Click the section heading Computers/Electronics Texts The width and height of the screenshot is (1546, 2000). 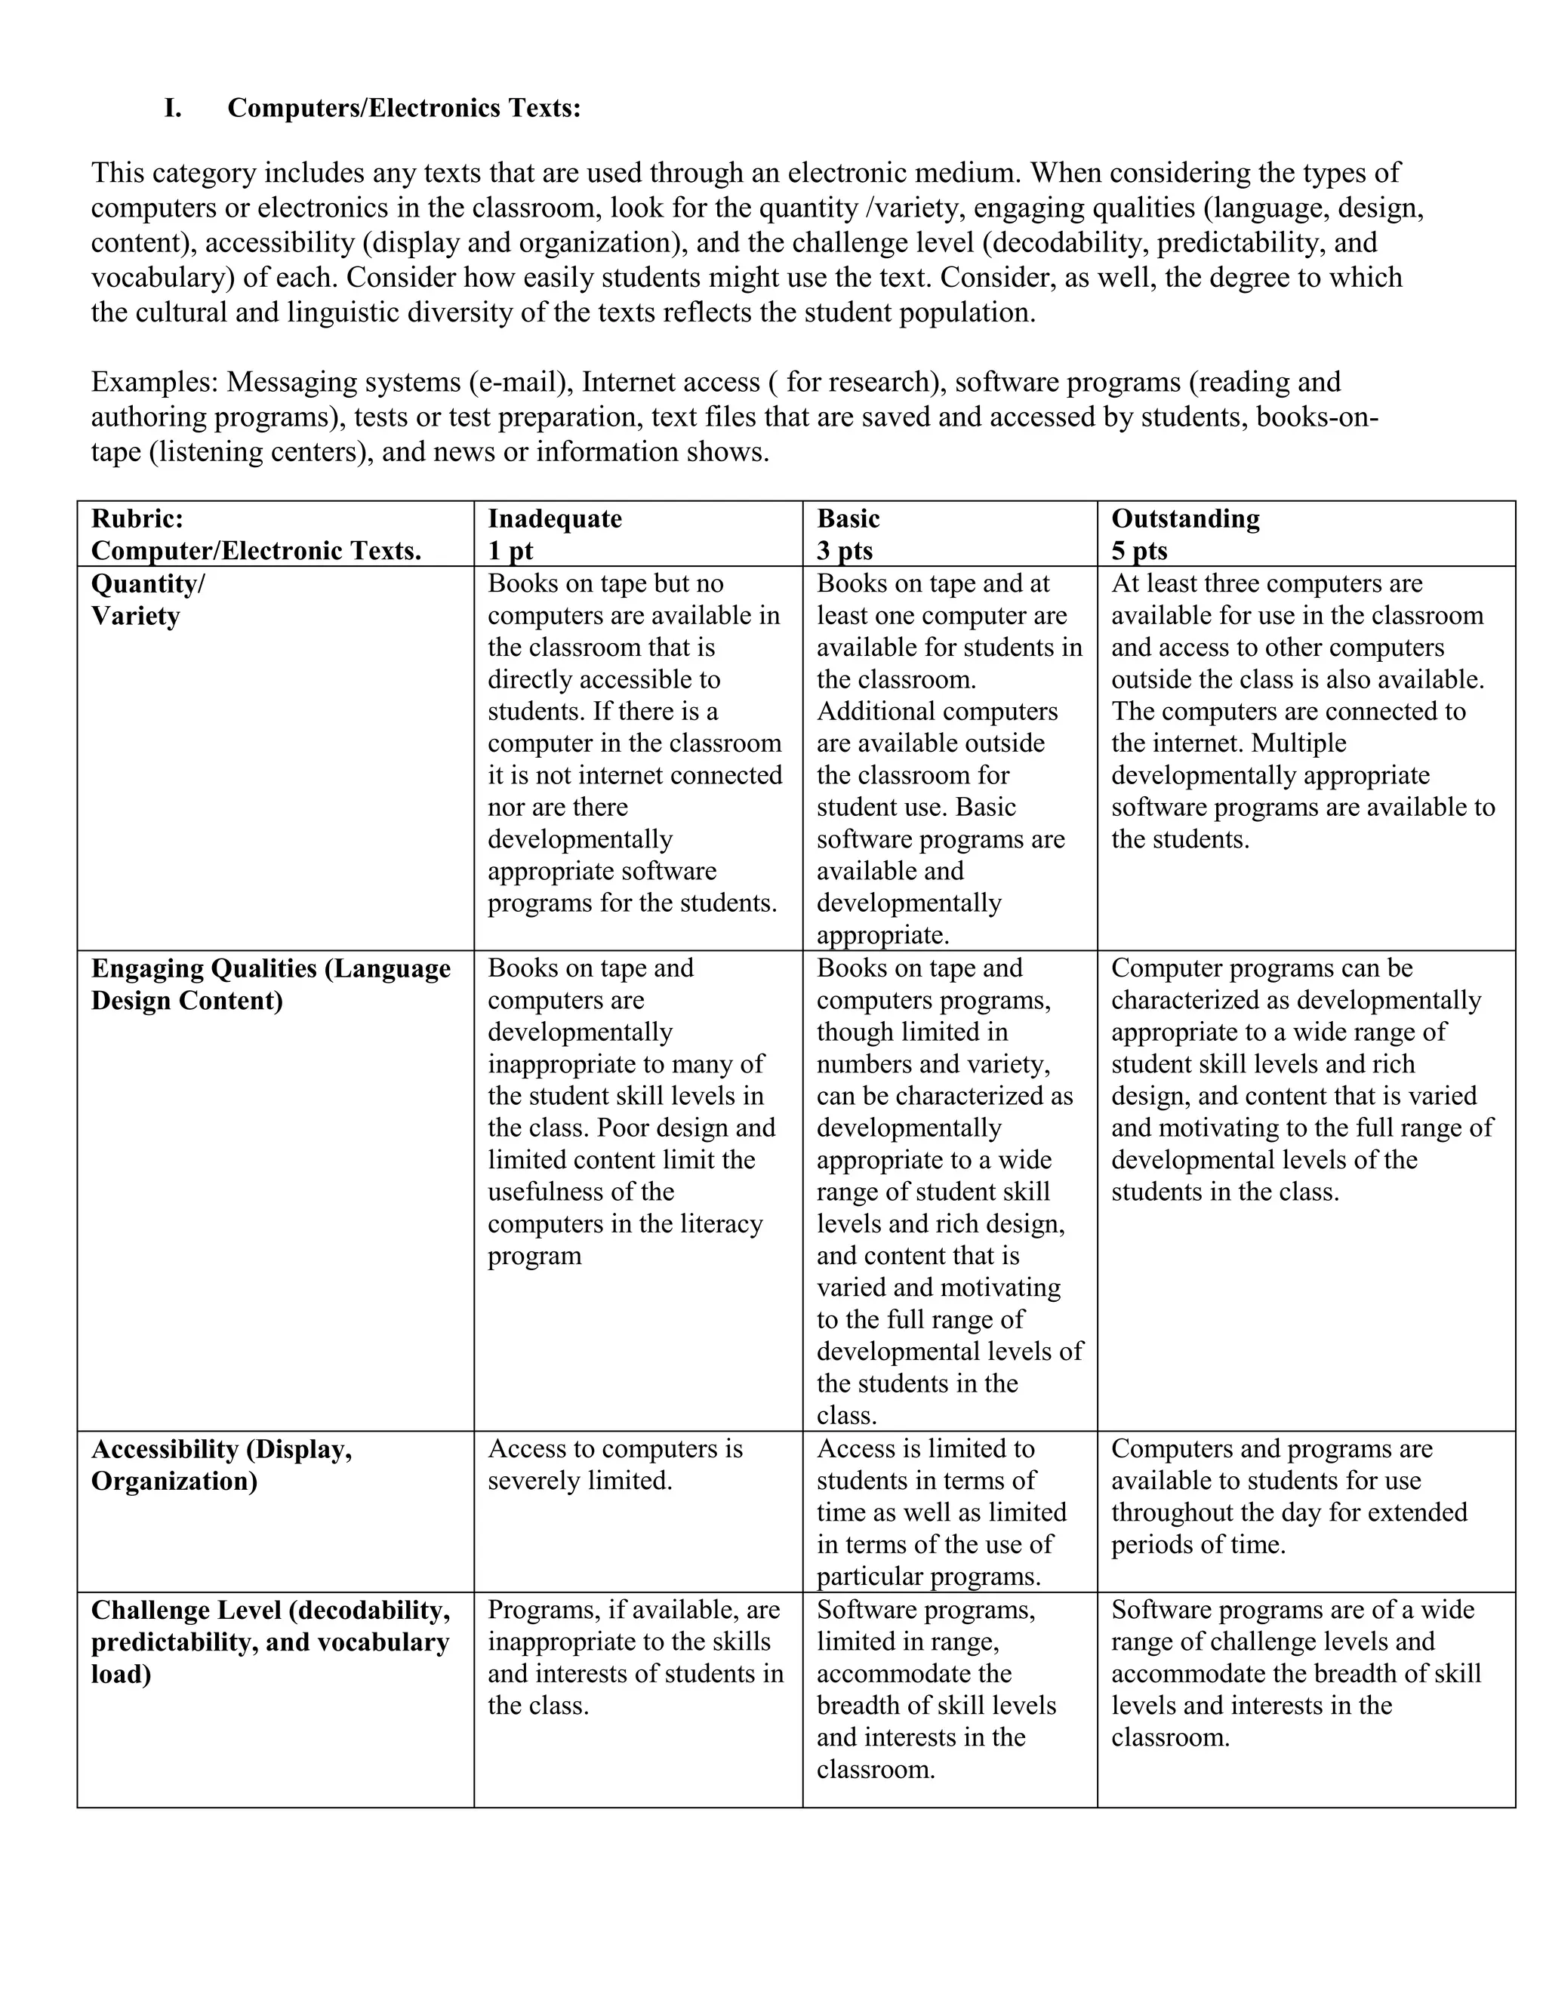click(x=404, y=108)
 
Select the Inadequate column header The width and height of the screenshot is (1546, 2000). click(x=554, y=518)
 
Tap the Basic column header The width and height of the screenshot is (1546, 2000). click(x=848, y=518)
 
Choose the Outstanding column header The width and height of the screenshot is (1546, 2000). click(x=1185, y=518)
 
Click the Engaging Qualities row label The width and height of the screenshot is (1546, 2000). click(x=271, y=983)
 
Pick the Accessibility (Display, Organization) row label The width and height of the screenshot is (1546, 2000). click(x=222, y=1464)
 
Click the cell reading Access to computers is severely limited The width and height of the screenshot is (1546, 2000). click(x=614, y=1464)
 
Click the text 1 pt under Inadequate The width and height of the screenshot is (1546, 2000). click(x=510, y=550)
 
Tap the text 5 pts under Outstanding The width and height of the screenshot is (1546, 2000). click(x=1139, y=550)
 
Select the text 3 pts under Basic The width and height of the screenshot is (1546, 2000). click(x=845, y=550)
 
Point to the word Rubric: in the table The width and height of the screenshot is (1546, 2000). click(x=137, y=518)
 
